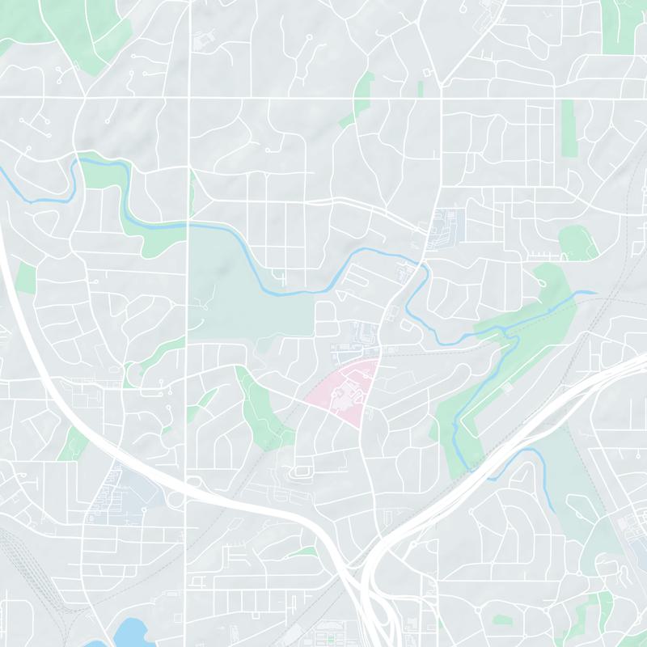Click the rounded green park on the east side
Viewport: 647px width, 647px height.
coord(575,241)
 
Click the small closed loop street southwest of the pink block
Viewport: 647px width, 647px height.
coord(304,471)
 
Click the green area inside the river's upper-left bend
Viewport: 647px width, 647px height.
coord(101,173)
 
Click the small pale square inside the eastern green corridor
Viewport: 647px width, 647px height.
coord(507,387)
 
